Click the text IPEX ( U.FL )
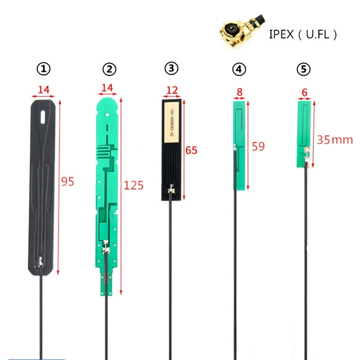(x=302, y=34)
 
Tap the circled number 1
(x=44, y=69)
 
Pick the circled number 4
(x=239, y=69)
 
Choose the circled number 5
(x=304, y=69)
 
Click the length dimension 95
(x=67, y=182)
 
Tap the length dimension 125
(x=133, y=185)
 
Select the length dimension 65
(x=191, y=150)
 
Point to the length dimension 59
(x=258, y=146)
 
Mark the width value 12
(x=172, y=90)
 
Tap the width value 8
(x=239, y=92)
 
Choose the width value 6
(x=305, y=92)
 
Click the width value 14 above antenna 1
(x=44, y=90)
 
